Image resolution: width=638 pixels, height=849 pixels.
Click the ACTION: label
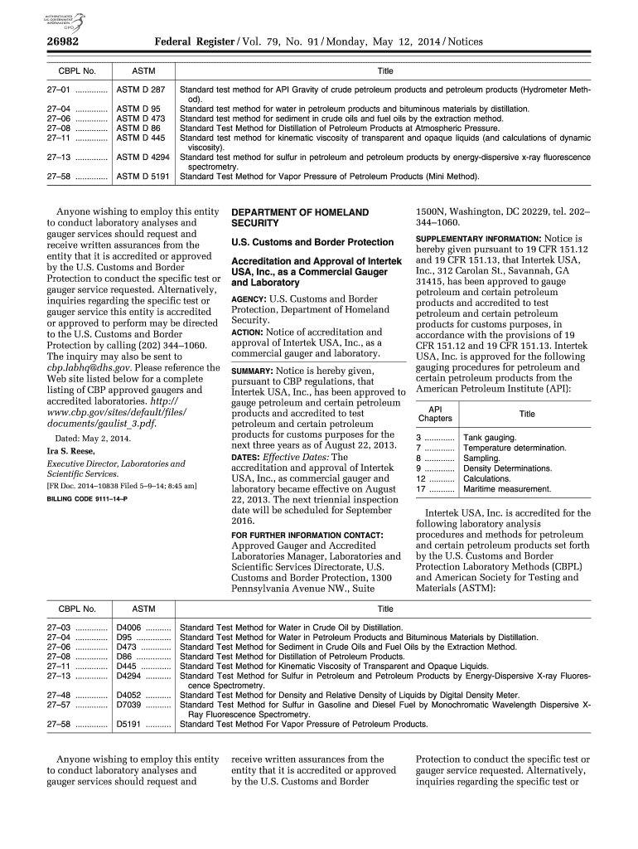248,332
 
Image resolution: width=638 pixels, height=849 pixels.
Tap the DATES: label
245,457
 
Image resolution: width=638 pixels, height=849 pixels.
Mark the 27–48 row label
60,695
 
